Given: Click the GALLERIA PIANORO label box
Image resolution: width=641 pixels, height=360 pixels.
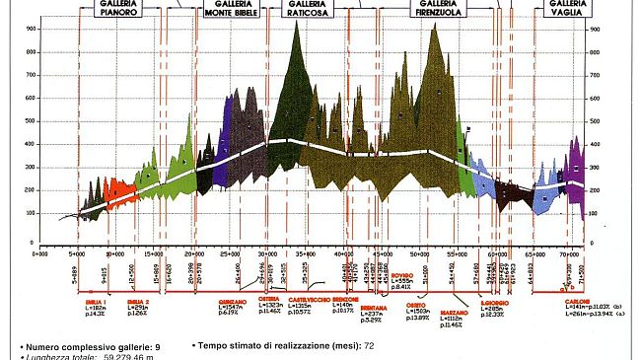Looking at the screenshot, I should (x=117, y=12).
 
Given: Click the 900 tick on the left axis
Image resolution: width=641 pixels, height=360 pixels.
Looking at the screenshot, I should (x=32, y=30).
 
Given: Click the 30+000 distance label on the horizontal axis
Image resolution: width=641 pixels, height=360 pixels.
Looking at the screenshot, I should (x=266, y=254).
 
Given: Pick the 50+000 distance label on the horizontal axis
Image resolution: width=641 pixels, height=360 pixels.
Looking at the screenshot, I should (x=418, y=254).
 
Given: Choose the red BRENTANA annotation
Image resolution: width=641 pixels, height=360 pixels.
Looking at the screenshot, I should (x=374, y=307).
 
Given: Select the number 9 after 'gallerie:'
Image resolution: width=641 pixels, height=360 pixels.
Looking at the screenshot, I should (x=157, y=347).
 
